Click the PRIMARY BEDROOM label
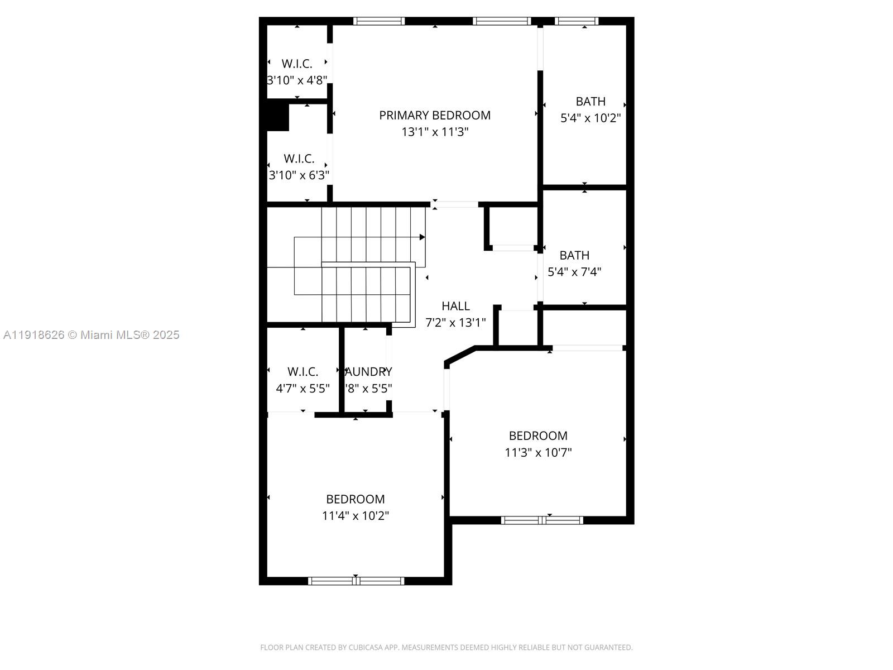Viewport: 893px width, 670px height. pos(435,115)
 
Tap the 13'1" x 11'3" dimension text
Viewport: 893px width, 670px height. pos(435,132)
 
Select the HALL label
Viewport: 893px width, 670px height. pos(455,306)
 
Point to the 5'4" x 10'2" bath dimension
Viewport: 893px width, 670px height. pos(590,118)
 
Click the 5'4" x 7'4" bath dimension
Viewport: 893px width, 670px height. pos(574,272)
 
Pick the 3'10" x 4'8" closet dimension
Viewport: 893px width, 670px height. pos(297,80)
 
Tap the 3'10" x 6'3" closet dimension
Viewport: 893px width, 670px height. pos(299,175)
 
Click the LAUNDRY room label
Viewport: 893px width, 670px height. pos(368,372)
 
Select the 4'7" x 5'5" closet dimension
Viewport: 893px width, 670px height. pos(303,389)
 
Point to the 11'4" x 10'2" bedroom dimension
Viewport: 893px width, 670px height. pos(356,516)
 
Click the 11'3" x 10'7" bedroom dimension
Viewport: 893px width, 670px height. pos(538,453)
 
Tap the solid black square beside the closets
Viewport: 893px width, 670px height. pos(277,117)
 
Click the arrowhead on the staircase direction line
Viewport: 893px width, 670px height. pos(423,237)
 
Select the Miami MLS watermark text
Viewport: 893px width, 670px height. pos(91,335)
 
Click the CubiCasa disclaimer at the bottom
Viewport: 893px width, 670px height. pos(446,648)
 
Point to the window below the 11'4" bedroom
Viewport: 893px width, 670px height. pos(356,581)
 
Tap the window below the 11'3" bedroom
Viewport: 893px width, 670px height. pos(542,520)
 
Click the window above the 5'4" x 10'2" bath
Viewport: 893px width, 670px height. pos(577,21)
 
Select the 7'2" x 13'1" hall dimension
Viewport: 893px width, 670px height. pos(455,323)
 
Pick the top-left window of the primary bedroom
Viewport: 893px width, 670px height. pos(379,21)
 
